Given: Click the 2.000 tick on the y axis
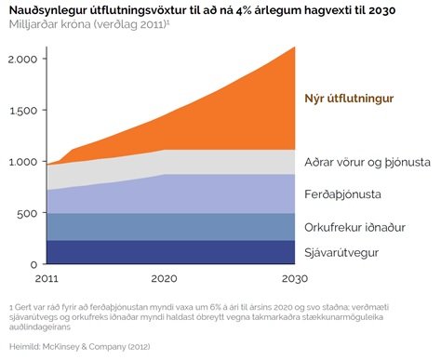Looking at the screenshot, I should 23,59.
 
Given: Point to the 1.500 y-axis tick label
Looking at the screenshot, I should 23,110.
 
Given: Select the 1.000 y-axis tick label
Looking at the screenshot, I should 23,162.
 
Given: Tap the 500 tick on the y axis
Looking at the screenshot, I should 28,213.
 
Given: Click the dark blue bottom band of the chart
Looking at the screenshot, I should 167,252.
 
